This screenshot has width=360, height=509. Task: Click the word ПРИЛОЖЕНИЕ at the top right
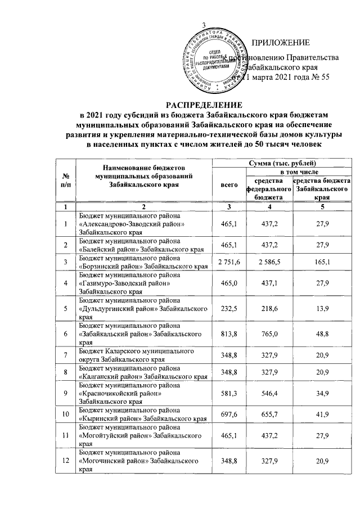click(x=281, y=43)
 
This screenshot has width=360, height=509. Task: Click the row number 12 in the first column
click(x=66, y=461)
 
